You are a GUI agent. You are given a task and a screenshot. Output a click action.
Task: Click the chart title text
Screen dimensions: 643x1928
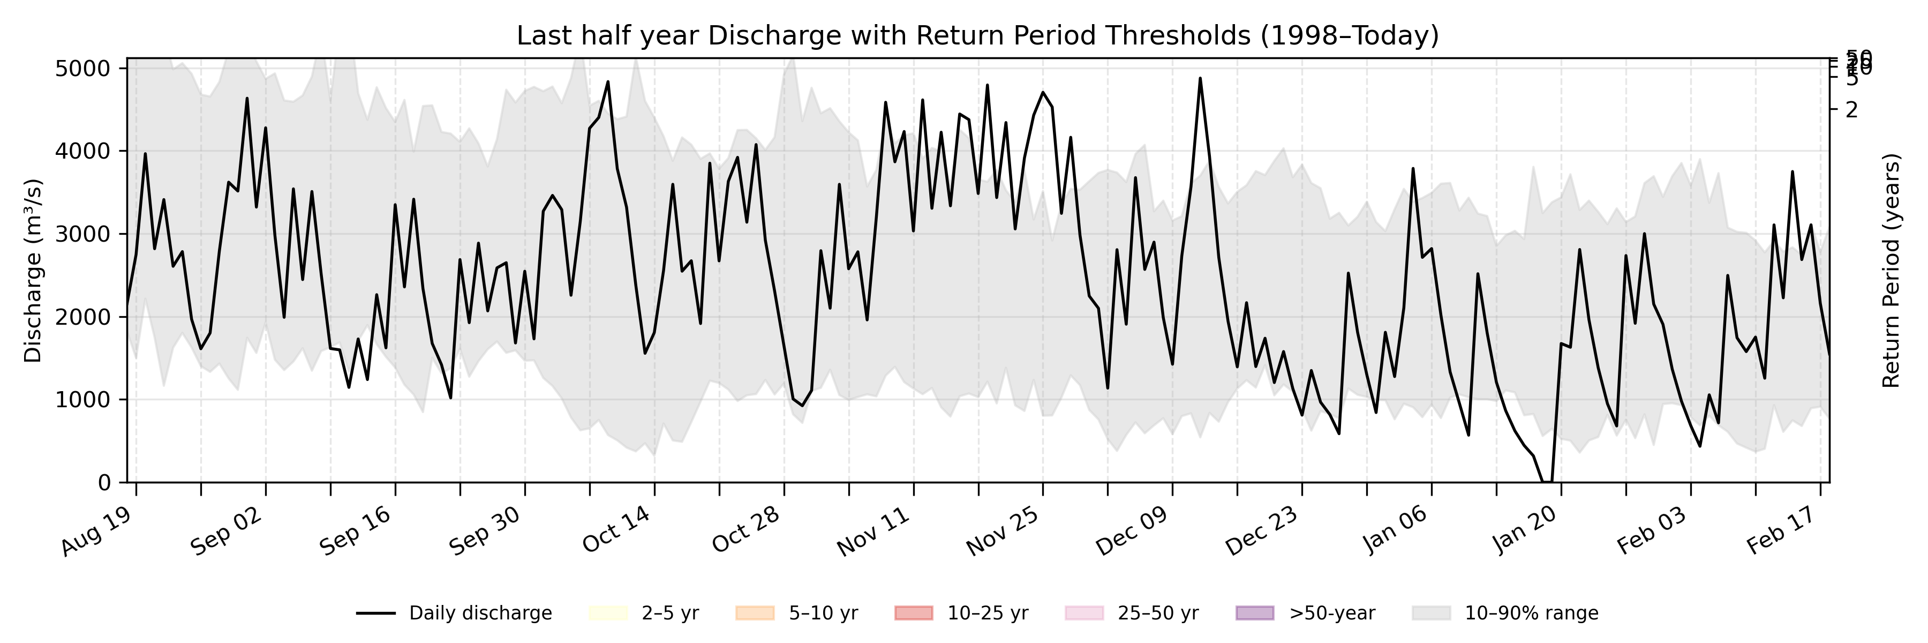tap(977, 35)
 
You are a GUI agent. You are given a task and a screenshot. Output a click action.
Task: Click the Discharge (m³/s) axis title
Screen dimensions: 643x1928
tap(33, 270)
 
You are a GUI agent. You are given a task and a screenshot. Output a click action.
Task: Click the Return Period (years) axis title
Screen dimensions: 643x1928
tap(1892, 270)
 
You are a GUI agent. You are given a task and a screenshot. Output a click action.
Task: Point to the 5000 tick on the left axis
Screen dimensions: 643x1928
tap(82, 69)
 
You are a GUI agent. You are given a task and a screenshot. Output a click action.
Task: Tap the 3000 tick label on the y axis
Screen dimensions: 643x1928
tap(82, 234)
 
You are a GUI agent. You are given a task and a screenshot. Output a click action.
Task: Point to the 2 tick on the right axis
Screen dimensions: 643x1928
tap(1851, 110)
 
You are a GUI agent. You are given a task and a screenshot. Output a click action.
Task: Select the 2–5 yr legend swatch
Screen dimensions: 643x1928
tap(608, 613)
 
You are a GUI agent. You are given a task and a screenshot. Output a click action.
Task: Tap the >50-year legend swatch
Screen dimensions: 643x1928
tap(1254, 613)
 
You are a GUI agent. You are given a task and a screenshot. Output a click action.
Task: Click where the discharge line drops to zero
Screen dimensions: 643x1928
tap(1546, 481)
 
